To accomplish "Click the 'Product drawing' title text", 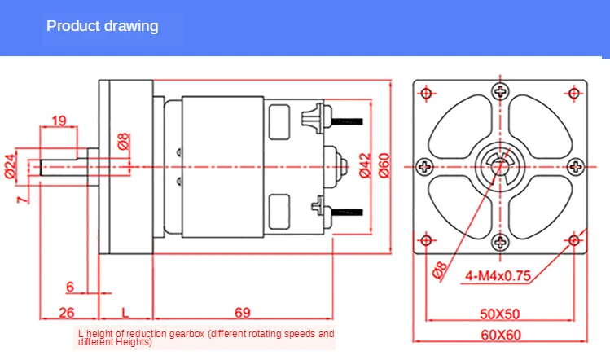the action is [103, 26].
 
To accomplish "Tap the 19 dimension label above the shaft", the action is [59, 121].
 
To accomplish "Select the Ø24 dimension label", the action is [11, 166].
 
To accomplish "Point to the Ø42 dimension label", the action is [366, 165].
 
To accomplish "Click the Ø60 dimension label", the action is [384, 165].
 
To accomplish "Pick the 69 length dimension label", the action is [243, 313].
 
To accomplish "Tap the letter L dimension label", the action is [125, 313].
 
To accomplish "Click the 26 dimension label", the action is [67, 313].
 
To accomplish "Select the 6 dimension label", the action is [70, 287].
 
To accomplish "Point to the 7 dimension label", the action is [23, 200].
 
